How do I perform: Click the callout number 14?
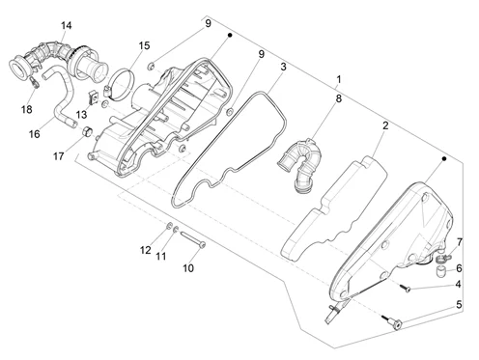tap(67, 25)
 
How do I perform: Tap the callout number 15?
tap(144, 45)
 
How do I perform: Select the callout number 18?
tap(27, 109)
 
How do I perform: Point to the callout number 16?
tap(35, 134)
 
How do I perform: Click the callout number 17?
tap(58, 156)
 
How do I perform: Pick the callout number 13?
tap(81, 115)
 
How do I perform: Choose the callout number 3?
tap(283, 67)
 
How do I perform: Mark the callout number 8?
tap(338, 98)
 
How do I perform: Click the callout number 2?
tap(385, 125)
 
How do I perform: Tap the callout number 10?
tap(188, 268)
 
